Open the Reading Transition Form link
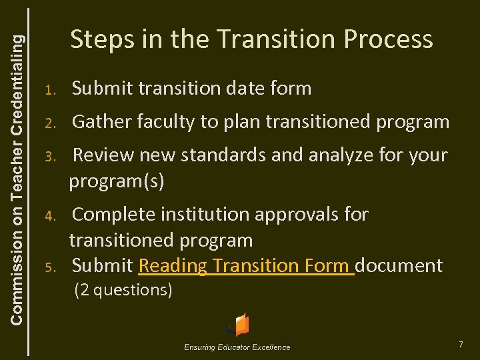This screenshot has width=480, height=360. click(246, 266)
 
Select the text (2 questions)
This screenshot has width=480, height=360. click(124, 290)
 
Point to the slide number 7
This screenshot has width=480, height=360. click(460, 344)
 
